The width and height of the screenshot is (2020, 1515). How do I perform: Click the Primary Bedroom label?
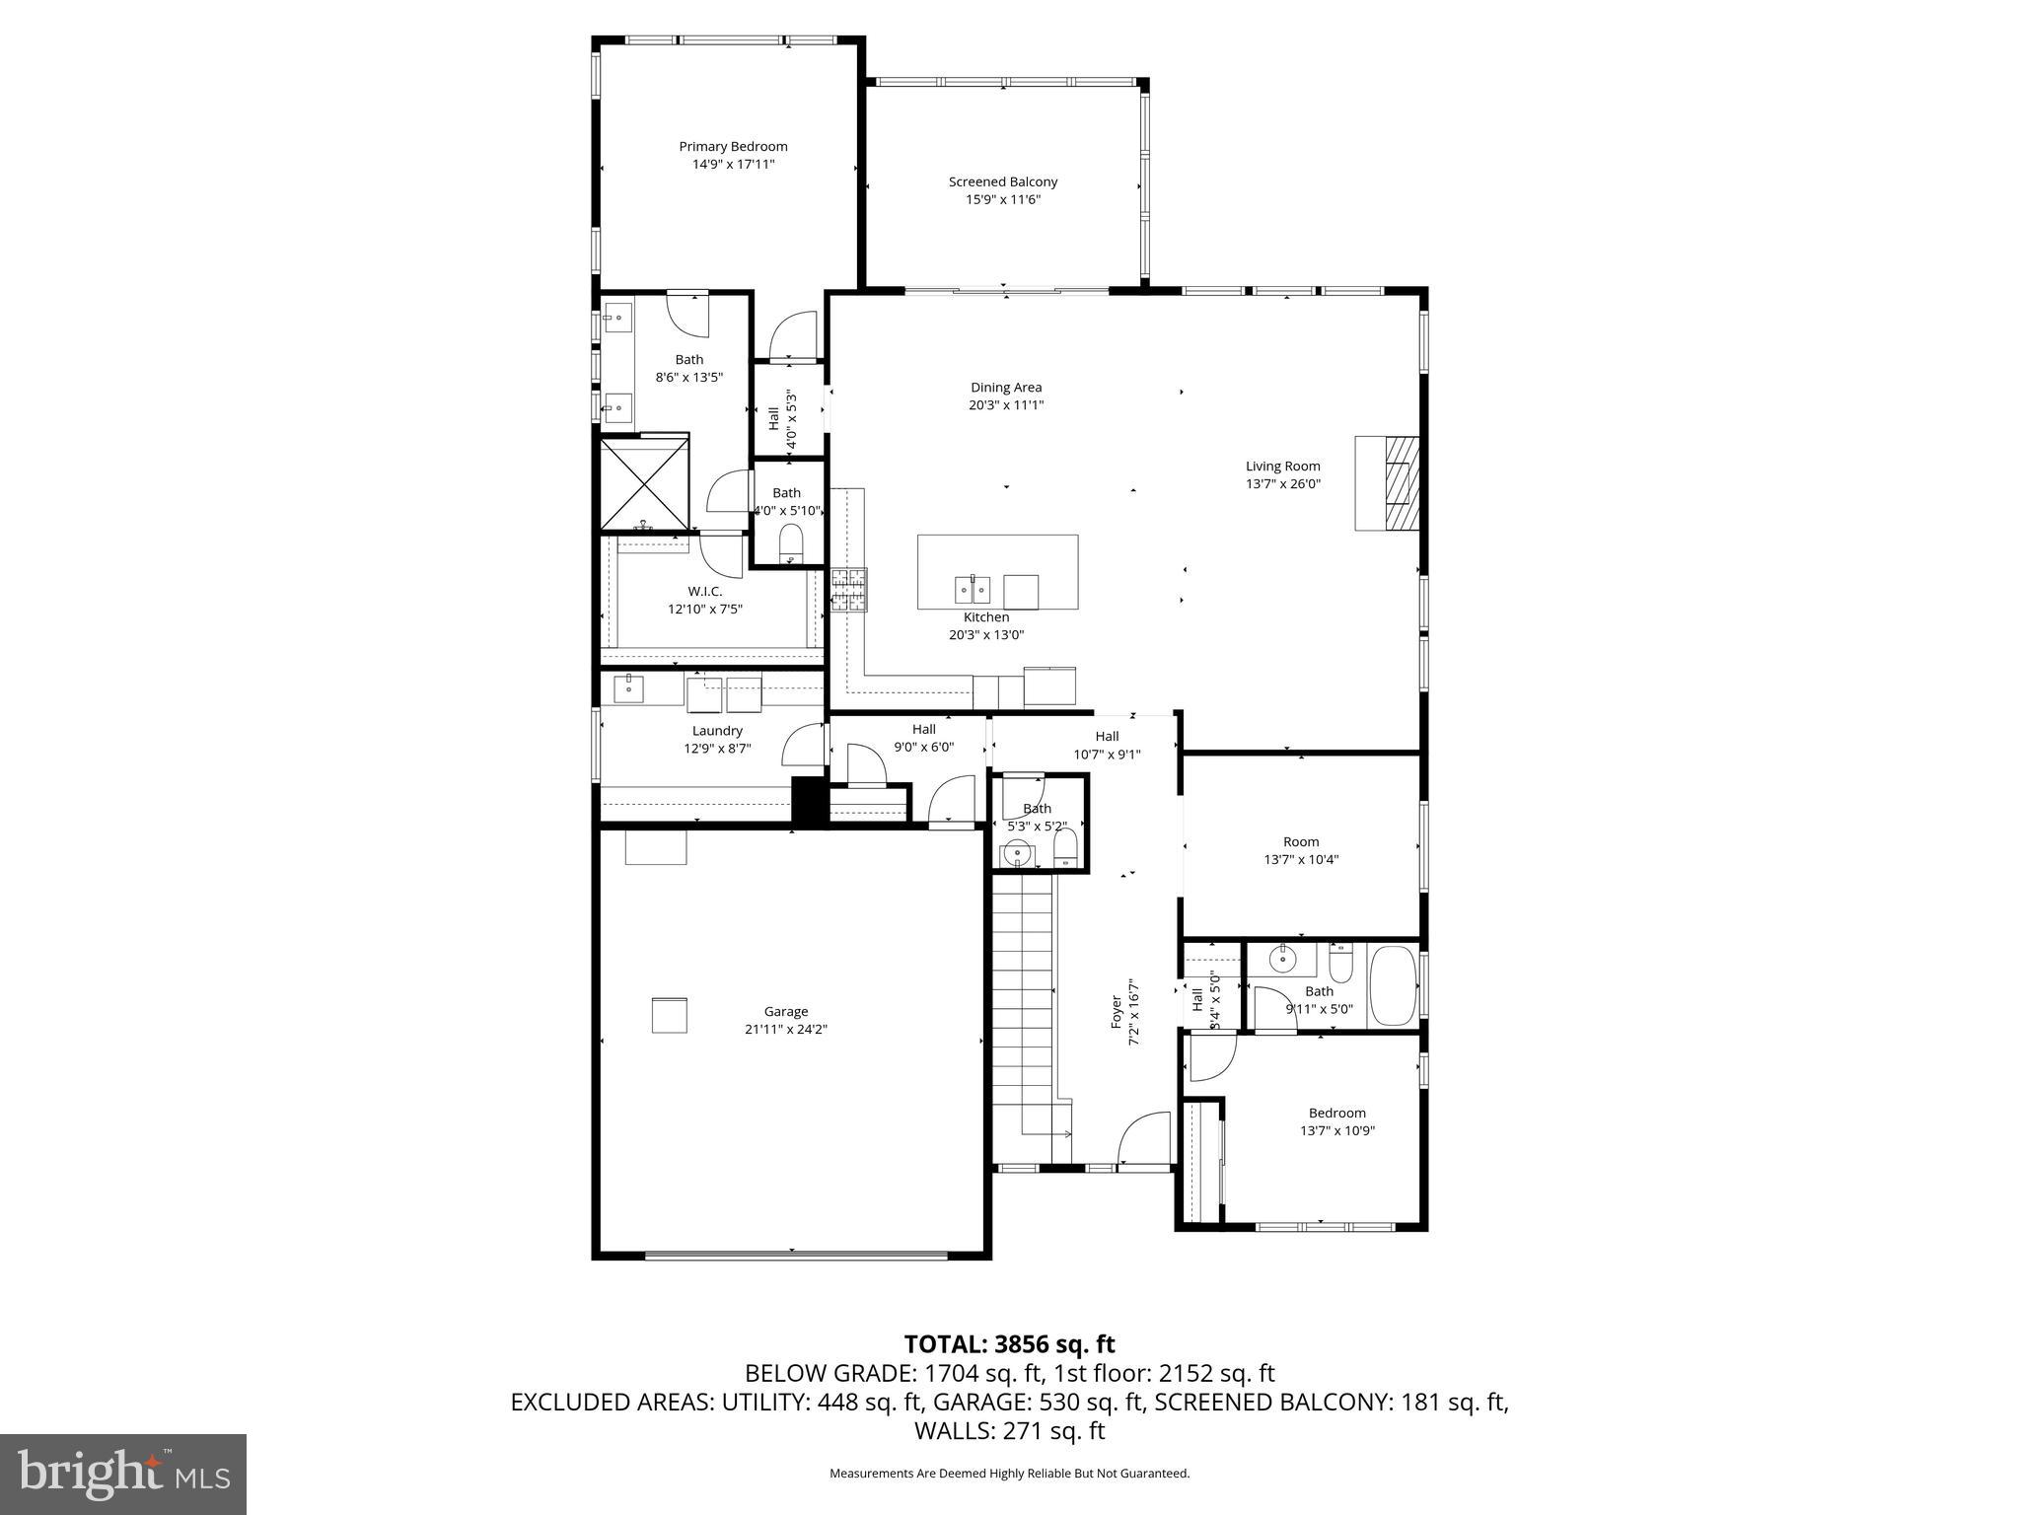point(733,147)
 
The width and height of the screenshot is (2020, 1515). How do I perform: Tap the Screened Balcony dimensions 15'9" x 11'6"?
point(1003,200)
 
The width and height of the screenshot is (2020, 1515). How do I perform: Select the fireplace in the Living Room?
point(1388,483)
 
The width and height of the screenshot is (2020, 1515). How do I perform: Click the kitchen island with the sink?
point(997,572)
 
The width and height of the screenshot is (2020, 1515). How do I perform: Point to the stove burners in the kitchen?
point(847,591)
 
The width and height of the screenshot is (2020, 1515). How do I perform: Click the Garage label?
point(786,1011)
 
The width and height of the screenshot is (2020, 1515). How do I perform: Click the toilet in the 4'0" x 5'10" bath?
point(791,542)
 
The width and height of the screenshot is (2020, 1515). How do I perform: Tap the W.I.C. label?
point(705,591)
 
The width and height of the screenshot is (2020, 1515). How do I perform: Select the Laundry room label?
point(717,731)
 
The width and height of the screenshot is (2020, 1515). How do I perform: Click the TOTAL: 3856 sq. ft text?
point(1009,1344)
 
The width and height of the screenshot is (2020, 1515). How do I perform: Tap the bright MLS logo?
point(123,1474)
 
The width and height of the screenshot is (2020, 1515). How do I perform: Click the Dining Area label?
point(1006,388)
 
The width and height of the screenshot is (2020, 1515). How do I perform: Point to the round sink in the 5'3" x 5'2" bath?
point(1015,853)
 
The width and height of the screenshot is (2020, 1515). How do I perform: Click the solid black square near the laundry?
point(809,802)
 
